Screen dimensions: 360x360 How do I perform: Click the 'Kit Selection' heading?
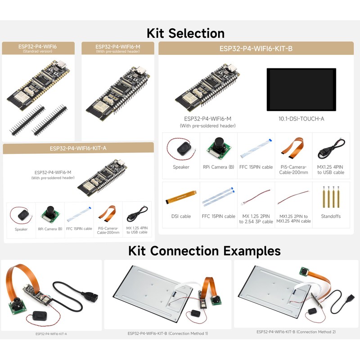pyautogui.click(x=185, y=33)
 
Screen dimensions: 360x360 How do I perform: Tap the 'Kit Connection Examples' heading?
pyautogui.click(x=204, y=251)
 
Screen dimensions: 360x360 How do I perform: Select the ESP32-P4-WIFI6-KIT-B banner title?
pyautogui.click(x=256, y=49)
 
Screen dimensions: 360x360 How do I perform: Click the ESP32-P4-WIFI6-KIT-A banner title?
pyautogui.click(x=78, y=148)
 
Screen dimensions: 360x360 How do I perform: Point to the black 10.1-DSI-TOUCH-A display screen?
pyautogui.click(x=301, y=90)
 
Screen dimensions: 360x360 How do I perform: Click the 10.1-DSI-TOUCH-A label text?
pyautogui.click(x=301, y=119)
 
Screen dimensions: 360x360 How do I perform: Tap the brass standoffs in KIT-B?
pyautogui.click(x=331, y=197)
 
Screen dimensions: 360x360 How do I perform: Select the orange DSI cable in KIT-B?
pyautogui.click(x=181, y=197)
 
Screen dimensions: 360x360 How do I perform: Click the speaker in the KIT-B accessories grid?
pyautogui.click(x=183, y=148)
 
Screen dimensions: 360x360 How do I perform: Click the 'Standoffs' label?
pyautogui.click(x=331, y=216)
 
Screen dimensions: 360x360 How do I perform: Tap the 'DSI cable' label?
pyautogui.click(x=181, y=216)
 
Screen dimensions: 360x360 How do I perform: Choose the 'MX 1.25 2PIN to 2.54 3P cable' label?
pyautogui.click(x=256, y=219)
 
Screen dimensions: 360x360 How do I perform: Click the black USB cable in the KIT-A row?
pyautogui.click(x=137, y=215)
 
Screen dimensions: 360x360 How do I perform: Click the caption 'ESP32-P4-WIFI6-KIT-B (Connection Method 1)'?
pyautogui.click(x=168, y=333)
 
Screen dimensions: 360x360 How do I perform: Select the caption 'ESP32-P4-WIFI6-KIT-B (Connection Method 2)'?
pyautogui.click(x=296, y=332)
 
